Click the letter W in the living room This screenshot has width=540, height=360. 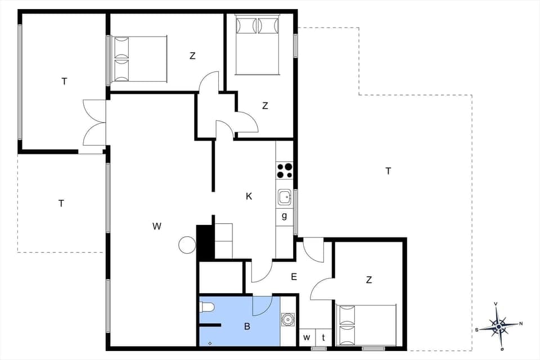pyautogui.click(x=157, y=226)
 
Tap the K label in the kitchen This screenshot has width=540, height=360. pyautogui.click(x=249, y=196)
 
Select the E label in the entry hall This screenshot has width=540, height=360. pyautogui.click(x=293, y=277)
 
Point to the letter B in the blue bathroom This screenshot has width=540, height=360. pyautogui.click(x=246, y=326)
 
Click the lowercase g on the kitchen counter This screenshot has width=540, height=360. pyautogui.click(x=284, y=215)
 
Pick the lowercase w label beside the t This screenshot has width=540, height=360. pyautogui.click(x=307, y=337)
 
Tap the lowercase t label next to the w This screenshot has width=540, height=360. pyautogui.click(x=323, y=337)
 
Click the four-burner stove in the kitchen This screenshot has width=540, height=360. pyautogui.click(x=285, y=170)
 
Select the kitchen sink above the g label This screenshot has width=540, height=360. pyautogui.click(x=285, y=197)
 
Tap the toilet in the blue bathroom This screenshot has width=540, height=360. pyautogui.click(x=206, y=307)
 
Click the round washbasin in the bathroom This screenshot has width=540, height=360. pyautogui.click(x=288, y=319)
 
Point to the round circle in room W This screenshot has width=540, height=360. pyautogui.click(x=187, y=245)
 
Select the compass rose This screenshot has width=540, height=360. pyautogui.click(x=499, y=326)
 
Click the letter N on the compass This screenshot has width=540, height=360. pyautogui.click(x=521, y=323)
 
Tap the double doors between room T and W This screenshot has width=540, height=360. pyautogui.click(x=94, y=122)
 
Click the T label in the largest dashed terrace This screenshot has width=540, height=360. pyautogui.click(x=388, y=171)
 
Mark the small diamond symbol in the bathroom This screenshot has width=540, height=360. pyautogui.click(x=210, y=343)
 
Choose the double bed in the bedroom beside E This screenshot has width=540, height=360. pyautogui.click(x=366, y=325)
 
